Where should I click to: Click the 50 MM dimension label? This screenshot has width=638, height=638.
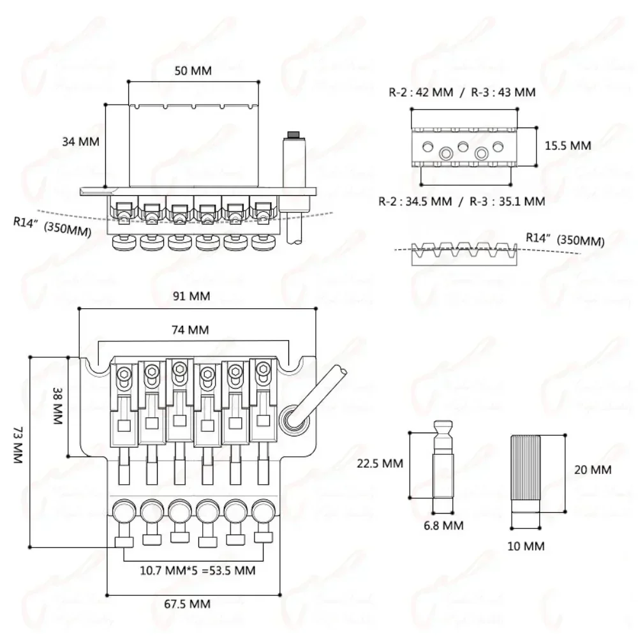(x=193, y=71)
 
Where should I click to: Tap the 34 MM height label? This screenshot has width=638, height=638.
(x=80, y=142)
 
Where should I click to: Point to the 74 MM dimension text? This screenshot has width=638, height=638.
(x=191, y=330)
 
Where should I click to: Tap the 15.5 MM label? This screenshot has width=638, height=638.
(x=568, y=145)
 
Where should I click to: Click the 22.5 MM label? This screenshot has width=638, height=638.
(x=380, y=464)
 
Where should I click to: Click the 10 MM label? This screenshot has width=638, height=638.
(x=525, y=546)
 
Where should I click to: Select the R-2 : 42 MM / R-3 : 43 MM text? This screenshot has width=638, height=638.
(x=462, y=92)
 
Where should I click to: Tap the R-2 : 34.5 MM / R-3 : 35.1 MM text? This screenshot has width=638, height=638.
(x=461, y=202)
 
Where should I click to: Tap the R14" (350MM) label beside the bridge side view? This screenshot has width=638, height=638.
(x=52, y=226)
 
